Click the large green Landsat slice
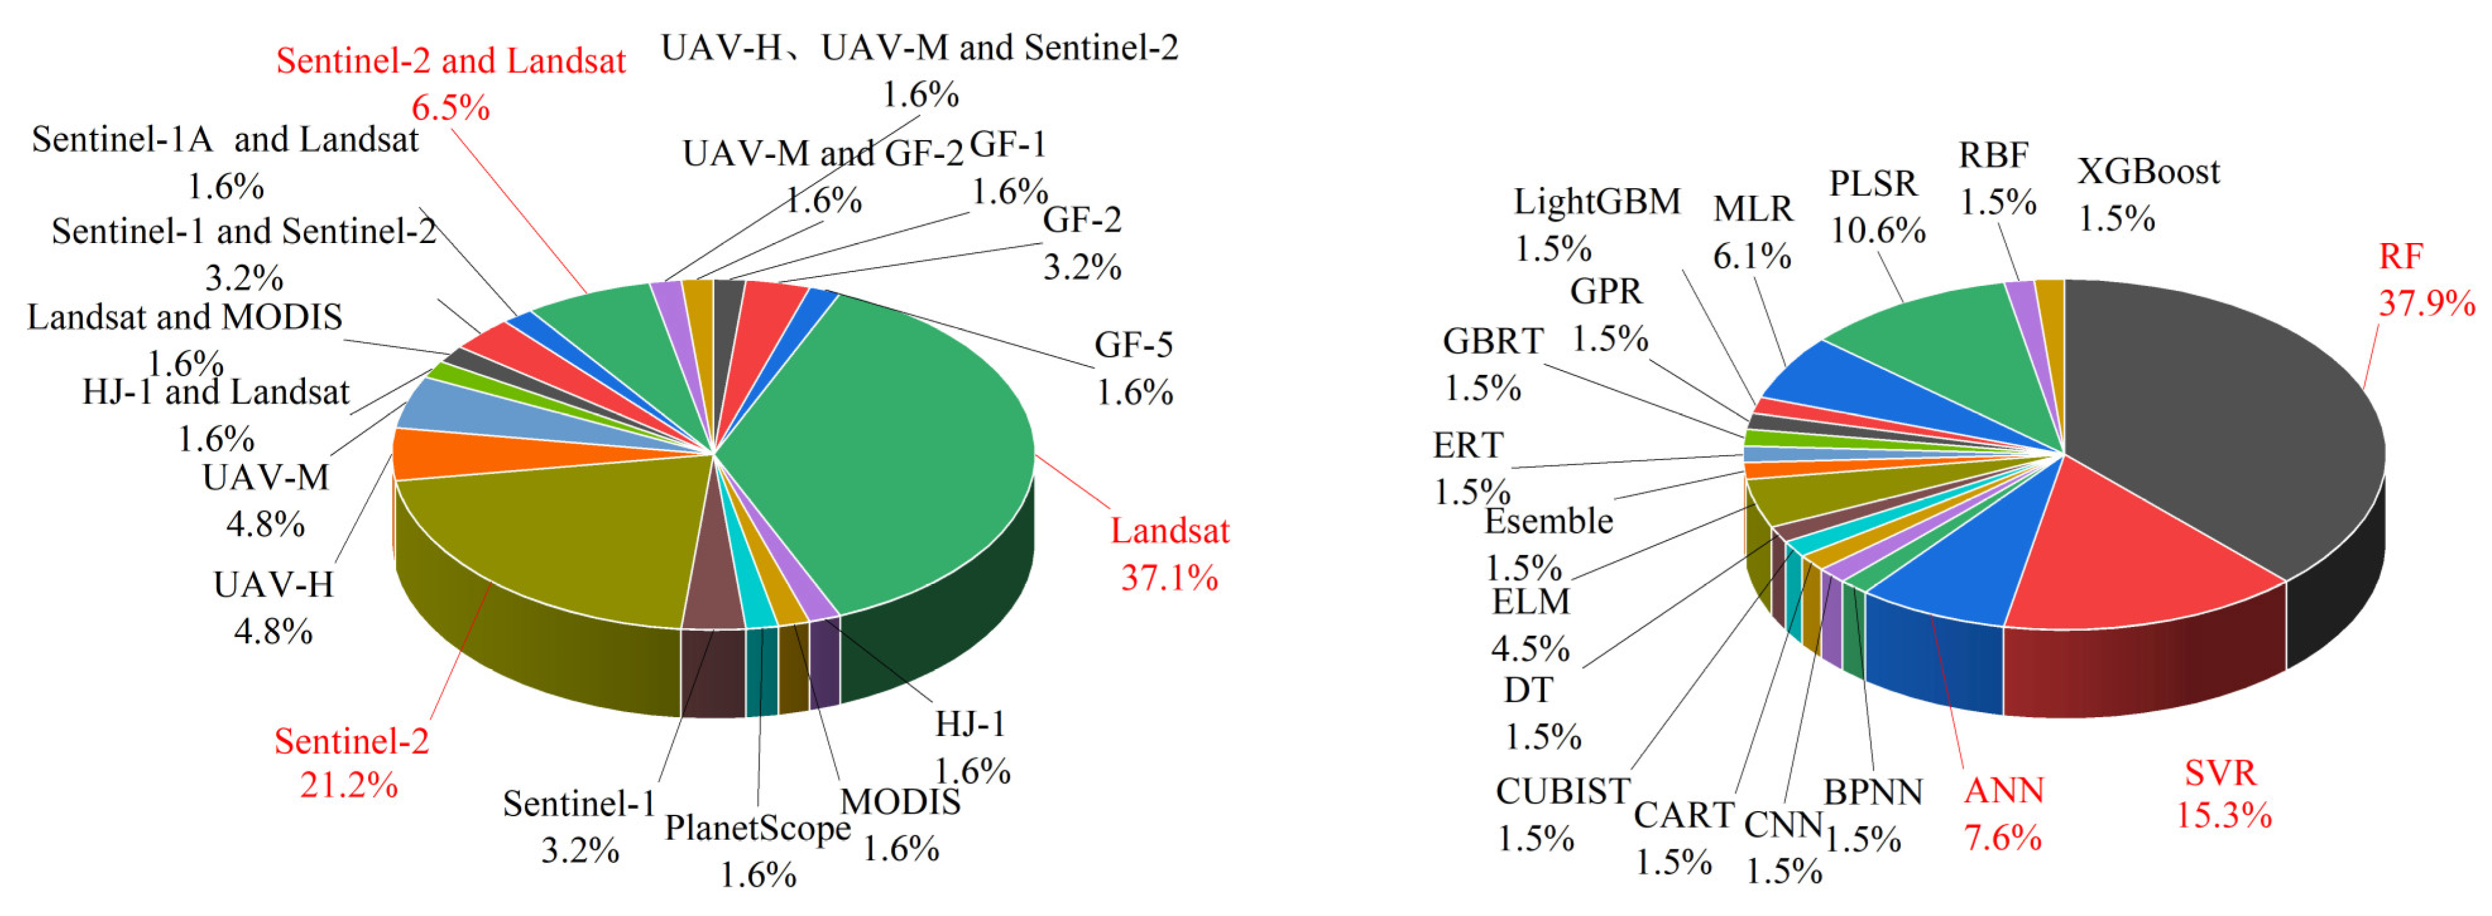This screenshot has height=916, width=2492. [x=890, y=445]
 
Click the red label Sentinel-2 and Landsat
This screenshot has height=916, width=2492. [x=451, y=61]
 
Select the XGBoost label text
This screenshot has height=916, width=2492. [x=2148, y=172]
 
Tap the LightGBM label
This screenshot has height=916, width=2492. [x=1596, y=202]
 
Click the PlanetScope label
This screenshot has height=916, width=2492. [x=757, y=828]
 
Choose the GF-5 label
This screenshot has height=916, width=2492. [x=1133, y=345]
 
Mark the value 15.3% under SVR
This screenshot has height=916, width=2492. [x=2223, y=816]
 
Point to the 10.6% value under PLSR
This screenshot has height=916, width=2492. [x=1877, y=231]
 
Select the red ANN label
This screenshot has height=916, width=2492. [x=2003, y=791]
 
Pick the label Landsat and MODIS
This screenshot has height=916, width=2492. [x=184, y=318]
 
